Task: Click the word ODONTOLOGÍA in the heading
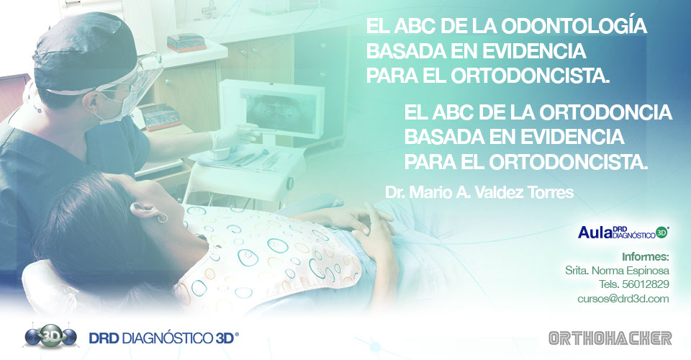tap(574, 27)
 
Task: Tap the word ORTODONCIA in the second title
tap(605, 113)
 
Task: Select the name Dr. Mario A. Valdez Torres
tap(479, 192)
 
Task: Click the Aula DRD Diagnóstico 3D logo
tap(623, 233)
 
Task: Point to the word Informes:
tap(645, 256)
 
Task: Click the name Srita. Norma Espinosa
tap(617, 271)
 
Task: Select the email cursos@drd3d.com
tap(623, 299)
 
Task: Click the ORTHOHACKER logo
tap(610, 338)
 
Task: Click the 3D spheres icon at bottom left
tap(50, 338)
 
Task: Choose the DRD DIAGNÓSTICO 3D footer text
tap(164, 338)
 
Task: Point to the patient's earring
tap(162, 217)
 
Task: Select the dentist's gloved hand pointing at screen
tap(233, 135)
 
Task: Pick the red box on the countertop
tap(187, 43)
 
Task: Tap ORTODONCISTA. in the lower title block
tap(569, 163)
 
